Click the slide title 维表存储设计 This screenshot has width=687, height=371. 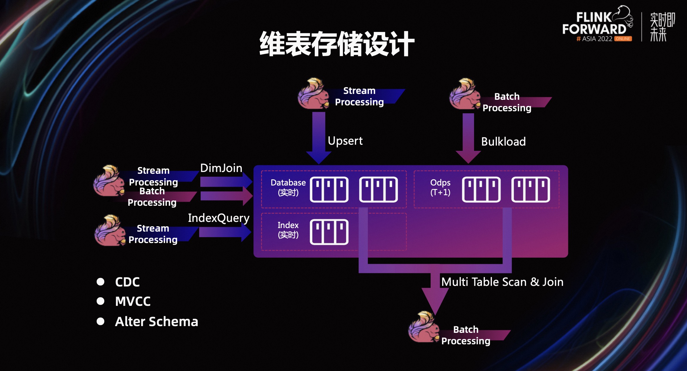click(337, 44)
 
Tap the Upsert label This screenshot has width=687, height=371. click(345, 141)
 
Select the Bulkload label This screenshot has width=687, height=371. click(503, 142)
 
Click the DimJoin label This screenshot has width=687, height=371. click(221, 168)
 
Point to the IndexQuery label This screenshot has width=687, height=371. click(219, 218)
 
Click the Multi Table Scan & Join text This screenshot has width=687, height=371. click(502, 282)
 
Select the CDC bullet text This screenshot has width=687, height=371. click(127, 282)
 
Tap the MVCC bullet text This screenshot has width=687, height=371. click(133, 301)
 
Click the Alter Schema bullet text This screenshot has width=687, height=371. click(157, 322)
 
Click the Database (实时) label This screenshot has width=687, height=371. click(288, 188)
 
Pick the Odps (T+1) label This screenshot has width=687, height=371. click(440, 188)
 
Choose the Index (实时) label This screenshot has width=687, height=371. click(288, 230)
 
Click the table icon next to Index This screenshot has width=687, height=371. click(329, 232)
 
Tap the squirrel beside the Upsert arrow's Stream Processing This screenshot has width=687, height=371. click(313, 94)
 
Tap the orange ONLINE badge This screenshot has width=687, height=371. click(623, 39)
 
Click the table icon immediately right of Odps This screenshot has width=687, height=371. click(481, 190)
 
